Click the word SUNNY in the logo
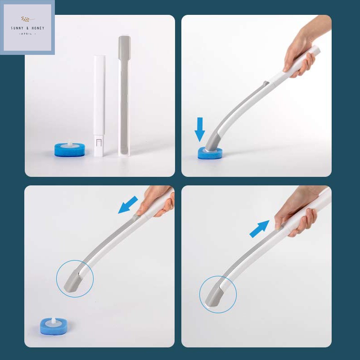17,28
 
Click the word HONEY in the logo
38,28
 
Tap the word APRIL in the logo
27,34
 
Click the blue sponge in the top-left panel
70,150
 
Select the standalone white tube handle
99,106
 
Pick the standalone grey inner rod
124,96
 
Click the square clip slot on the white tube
99,142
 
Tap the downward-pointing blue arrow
200,129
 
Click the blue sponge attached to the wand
210,153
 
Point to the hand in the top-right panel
303,48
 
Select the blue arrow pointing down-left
128,205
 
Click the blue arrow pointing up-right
260,229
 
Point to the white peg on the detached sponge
53,320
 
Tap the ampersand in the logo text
27,28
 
